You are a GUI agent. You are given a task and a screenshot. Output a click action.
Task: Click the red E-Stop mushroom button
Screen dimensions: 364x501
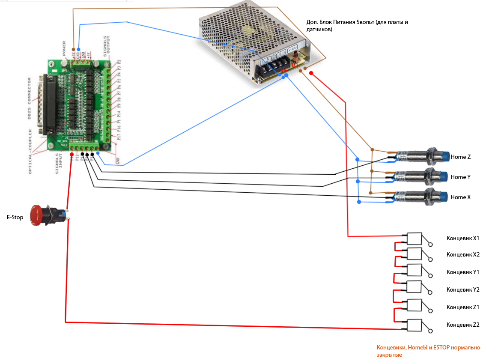coord(38,215)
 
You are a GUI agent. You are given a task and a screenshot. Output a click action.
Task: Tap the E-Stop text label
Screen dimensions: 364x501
coord(15,218)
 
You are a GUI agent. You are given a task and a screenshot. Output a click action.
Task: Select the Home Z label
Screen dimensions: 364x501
coord(461,157)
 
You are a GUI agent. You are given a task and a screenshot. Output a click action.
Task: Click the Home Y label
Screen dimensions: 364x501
coord(461,177)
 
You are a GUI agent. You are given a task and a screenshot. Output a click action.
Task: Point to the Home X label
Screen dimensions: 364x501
coord(461,197)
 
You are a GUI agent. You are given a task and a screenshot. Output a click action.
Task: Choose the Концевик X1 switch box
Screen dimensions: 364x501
coord(414,238)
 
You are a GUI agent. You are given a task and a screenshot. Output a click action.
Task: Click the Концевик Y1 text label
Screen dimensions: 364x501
coord(463,272)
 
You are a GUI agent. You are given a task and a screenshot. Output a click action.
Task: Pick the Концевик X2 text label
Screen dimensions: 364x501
coord(463,255)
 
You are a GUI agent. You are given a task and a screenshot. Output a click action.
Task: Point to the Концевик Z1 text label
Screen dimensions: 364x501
coord(463,307)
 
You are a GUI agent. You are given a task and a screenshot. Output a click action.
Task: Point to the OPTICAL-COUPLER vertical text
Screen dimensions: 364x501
coord(30,152)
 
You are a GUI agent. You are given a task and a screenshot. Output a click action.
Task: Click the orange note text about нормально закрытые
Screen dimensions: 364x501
coord(428,351)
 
